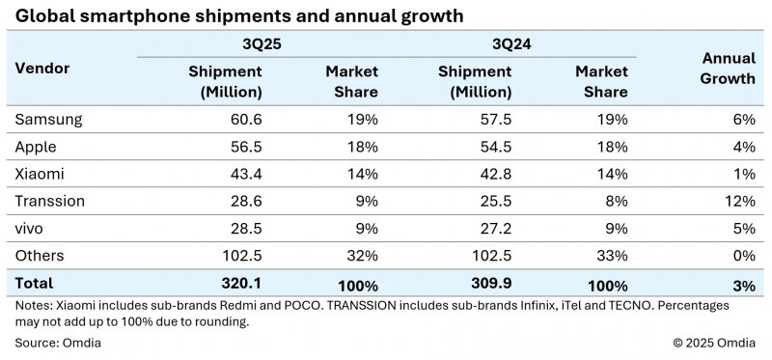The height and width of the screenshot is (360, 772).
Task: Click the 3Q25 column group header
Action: click(259, 44)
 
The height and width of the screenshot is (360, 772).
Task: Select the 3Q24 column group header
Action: click(509, 44)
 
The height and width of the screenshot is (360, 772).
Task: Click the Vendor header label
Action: click(42, 69)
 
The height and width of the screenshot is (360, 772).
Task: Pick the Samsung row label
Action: click(48, 120)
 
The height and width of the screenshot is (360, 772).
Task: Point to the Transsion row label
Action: click(50, 202)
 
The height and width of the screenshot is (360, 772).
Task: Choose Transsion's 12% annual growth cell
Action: click(740, 202)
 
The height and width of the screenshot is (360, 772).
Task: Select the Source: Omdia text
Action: click(58, 343)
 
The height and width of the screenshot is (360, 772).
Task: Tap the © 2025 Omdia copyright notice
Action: click(714, 343)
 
